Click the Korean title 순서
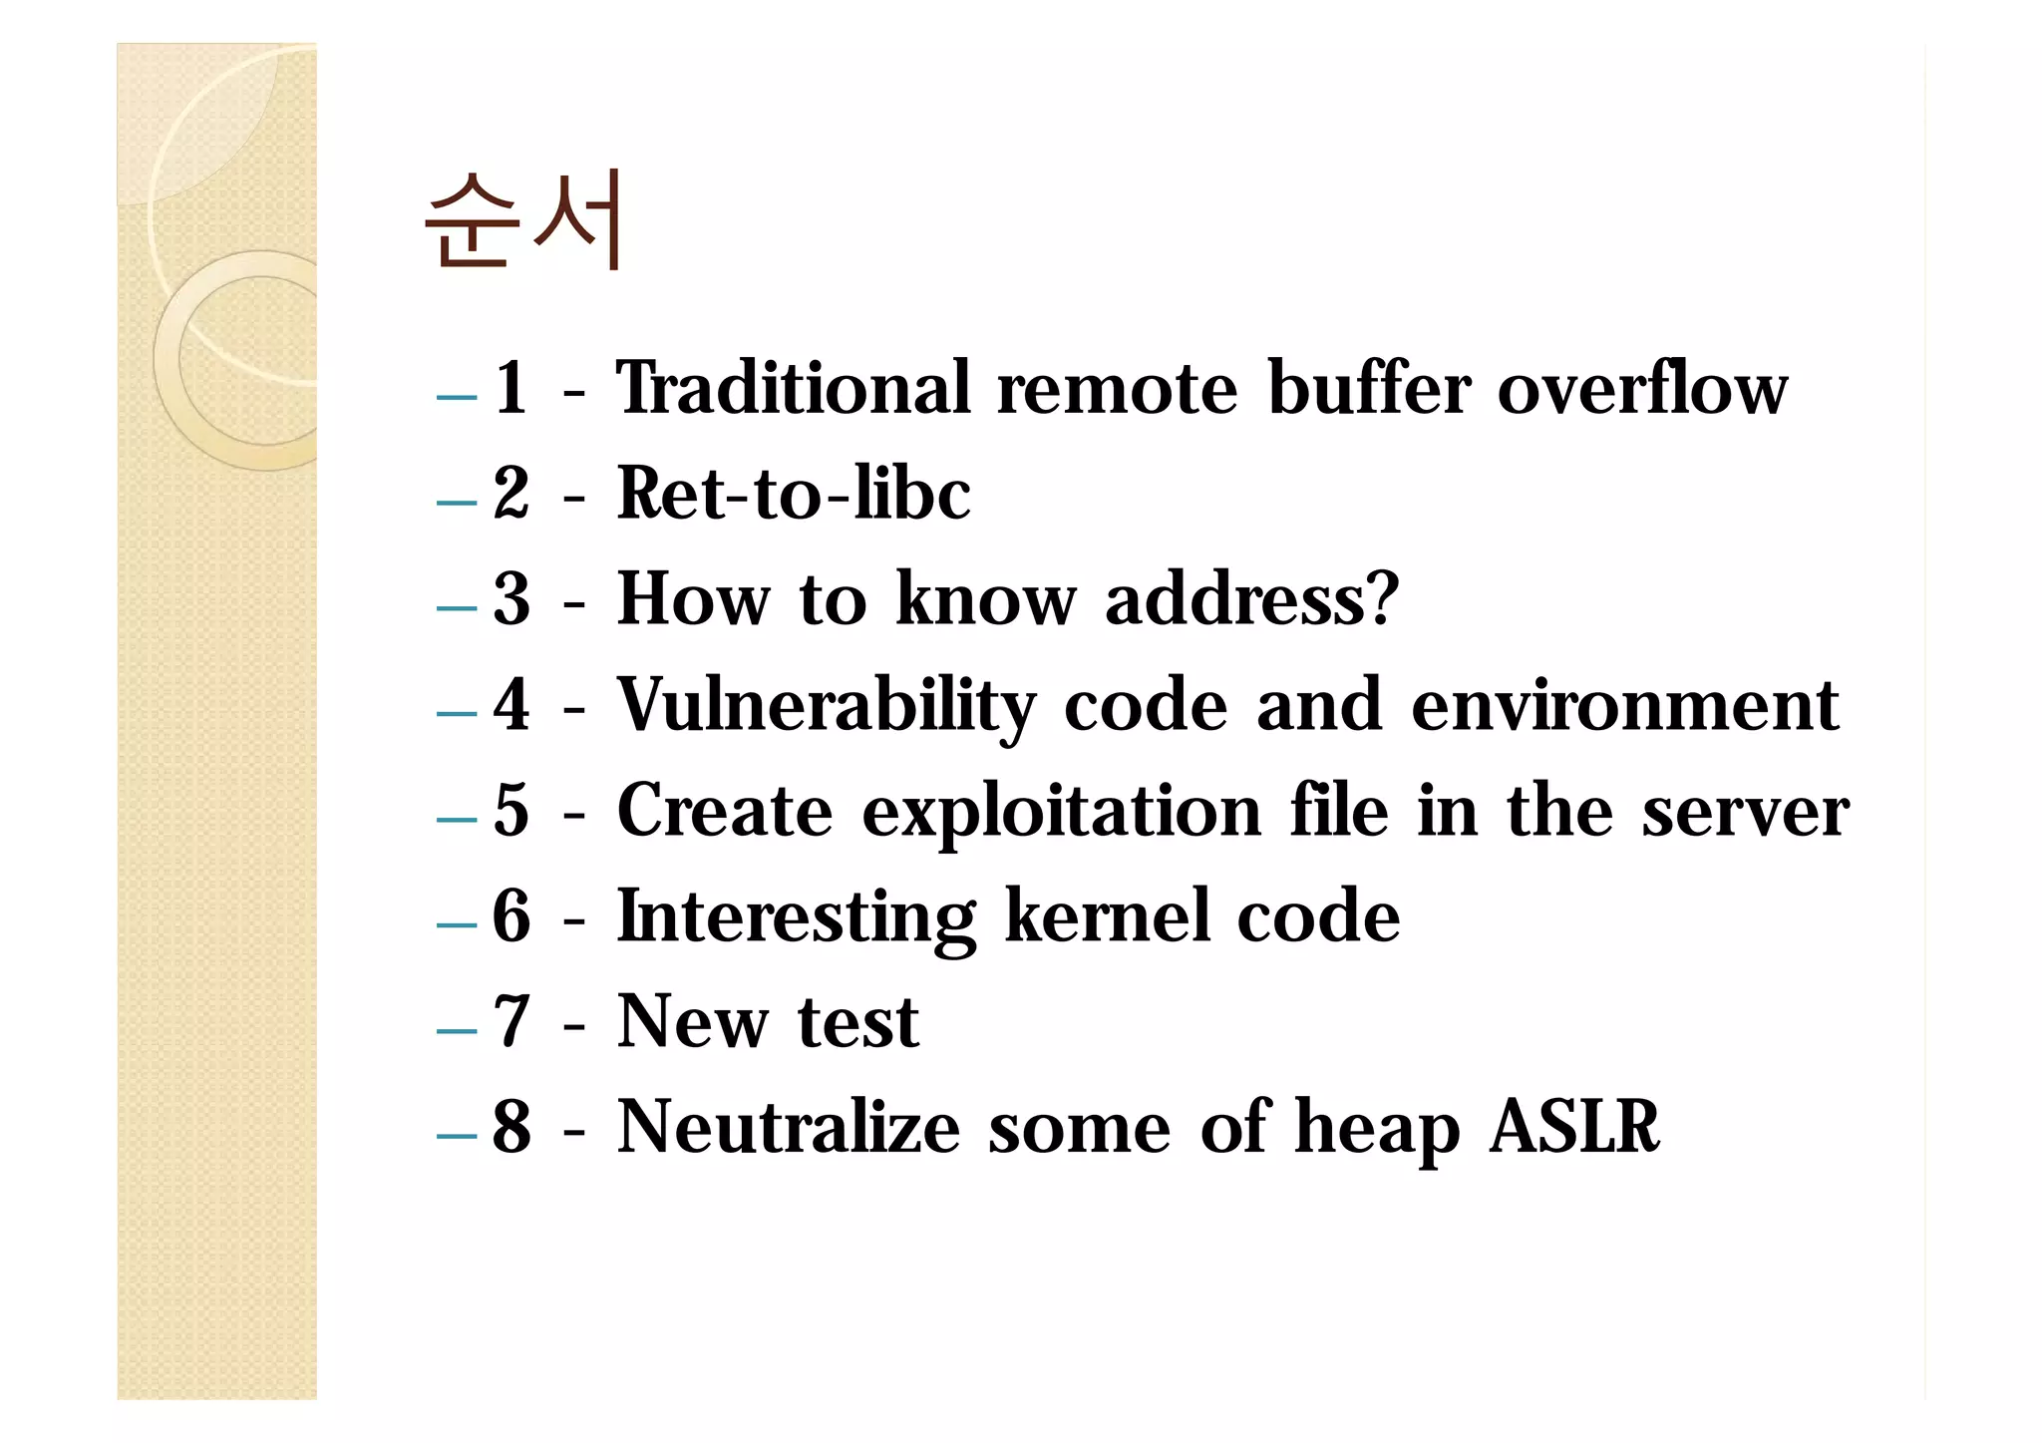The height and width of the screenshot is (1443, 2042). click(524, 220)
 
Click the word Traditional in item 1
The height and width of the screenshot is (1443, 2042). click(793, 388)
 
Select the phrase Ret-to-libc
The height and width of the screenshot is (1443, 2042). click(793, 494)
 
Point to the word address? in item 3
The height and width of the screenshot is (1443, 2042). click(1252, 600)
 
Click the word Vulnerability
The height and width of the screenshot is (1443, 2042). click(826, 706)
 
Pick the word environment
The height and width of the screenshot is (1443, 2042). click(1624, 706)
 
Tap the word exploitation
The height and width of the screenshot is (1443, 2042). click(1062, 812)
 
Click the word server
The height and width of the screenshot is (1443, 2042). click(1745, 812)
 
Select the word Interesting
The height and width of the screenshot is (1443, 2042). click(796, 917)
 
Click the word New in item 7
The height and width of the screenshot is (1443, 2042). click(693, 1022)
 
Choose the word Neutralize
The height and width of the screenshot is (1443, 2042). click(788, 1128)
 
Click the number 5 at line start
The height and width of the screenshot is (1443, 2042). click(510, 811)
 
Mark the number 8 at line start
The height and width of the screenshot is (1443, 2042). click(511, 1128)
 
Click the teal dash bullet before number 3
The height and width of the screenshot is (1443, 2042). click(457, 607)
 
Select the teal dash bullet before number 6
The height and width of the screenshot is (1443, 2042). click(457, 924)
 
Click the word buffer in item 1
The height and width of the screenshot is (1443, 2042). click(1368, 388)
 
